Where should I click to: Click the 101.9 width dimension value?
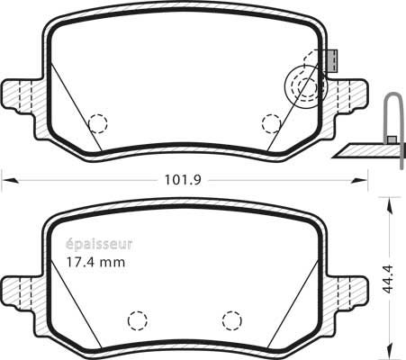(x=183, y=180)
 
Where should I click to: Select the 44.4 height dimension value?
(x=389, y=279)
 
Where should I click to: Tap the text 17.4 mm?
(x=95, y=263)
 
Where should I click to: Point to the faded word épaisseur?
(x=99, y=245)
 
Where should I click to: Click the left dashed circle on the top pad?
(x=98, y=123)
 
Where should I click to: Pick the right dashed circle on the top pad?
(x=271, y=123)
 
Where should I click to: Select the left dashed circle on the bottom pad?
(x=138, y=320)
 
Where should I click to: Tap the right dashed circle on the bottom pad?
(x=232, y=320)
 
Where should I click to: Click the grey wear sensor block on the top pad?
(x=332, y=61)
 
